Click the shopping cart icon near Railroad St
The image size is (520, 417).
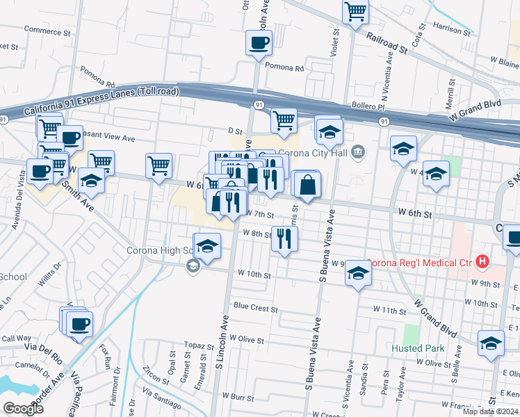[x=355, y=11]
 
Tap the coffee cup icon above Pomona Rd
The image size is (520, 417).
[x=259, y=43]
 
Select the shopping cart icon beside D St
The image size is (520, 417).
[x=284, y=120]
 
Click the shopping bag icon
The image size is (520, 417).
[x=307, y=185]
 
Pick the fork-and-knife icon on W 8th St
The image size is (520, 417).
[x=284, y=239]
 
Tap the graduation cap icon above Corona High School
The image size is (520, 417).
[x=206, y=246]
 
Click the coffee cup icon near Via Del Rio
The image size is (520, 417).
[x=79, y=323]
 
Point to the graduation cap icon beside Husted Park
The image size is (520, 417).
[x=491, y=343]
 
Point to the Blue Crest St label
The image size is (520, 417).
[x=256, y=306]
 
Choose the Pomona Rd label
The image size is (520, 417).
[x=285, y=69]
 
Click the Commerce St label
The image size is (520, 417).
[x=48, y=31]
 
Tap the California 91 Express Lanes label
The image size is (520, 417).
[x=101, y=101]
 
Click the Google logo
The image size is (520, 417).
[x=23, y=408]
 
